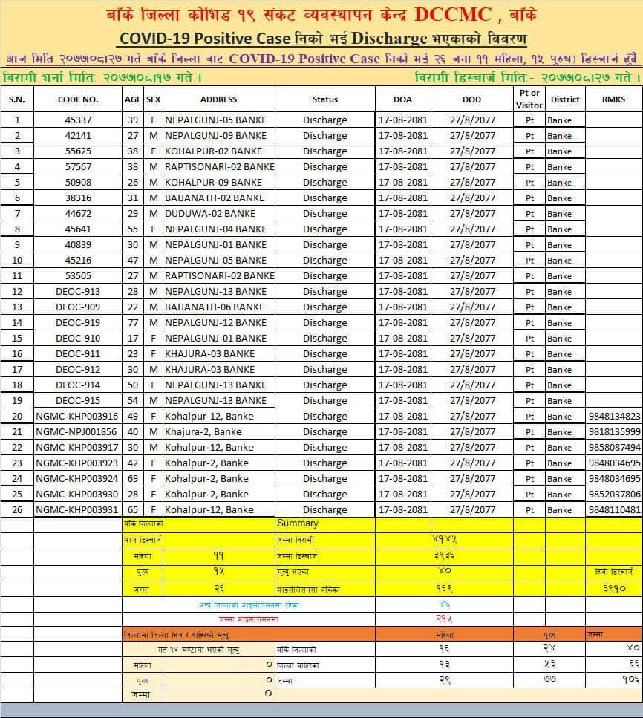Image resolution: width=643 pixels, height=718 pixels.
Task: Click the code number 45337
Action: [78, 120]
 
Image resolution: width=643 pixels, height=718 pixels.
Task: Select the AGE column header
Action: [133, 99]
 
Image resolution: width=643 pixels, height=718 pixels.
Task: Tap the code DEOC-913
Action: [78, 291]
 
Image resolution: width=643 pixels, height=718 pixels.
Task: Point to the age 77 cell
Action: [133, 322]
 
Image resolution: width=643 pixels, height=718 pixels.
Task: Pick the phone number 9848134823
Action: [614, 416]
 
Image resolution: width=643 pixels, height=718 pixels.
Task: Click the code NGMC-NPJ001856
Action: [76, 431]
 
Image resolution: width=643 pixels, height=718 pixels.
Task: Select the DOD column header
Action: [471, 99]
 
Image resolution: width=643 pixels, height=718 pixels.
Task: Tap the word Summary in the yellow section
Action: [297, 523]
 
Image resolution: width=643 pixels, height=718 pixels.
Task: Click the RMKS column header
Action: [614, 99]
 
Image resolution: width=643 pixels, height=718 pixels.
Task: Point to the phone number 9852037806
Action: [614, 494]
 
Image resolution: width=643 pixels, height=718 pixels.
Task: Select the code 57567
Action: [78, 166]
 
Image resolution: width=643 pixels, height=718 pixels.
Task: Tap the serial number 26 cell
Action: [17, 509]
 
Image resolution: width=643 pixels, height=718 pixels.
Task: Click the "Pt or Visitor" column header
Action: [529, 99]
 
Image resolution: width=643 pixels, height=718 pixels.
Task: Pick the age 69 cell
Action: [133, 478]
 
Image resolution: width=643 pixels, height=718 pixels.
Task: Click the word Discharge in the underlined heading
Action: [390, 39]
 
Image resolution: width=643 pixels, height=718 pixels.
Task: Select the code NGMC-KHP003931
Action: [76, 509]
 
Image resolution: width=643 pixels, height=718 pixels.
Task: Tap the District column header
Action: [565, 99]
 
